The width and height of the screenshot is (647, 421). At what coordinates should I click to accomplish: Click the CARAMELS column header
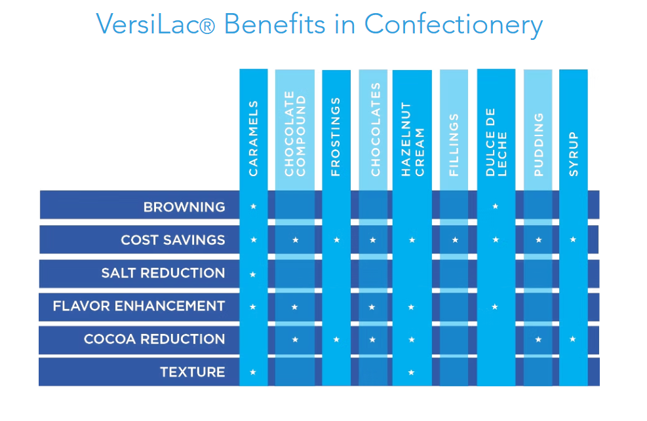pos(254,138)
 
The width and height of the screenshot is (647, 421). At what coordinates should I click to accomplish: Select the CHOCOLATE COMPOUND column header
pos(295,136)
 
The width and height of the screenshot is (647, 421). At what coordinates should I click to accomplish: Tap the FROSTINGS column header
pos(336,137)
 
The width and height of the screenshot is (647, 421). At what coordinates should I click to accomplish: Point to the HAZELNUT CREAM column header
pos(412,139)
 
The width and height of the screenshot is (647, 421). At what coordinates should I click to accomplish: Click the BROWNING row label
pos(184,207)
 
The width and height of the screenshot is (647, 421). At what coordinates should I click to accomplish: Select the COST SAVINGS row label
pos(172,240)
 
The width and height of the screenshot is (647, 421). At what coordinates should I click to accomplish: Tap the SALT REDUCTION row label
pos(163,273)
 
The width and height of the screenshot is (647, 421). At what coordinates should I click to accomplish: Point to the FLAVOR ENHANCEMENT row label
pos(139,306)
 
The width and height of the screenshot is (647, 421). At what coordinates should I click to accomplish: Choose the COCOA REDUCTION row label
pos(154,339)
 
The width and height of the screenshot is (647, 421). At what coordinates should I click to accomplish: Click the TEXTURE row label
pos(192,372)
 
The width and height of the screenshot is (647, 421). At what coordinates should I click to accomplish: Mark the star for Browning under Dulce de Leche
pos(496,206)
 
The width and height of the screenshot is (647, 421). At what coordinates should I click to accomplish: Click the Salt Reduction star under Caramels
pos(254,274)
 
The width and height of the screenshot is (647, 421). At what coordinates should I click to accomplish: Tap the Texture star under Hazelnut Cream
pos(412,373)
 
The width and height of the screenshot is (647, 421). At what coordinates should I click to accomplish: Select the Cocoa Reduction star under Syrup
pos(574,339)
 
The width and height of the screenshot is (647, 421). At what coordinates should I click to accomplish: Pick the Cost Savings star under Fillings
pos(455,240)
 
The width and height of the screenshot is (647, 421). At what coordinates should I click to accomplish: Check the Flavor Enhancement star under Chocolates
pos(372,306)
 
